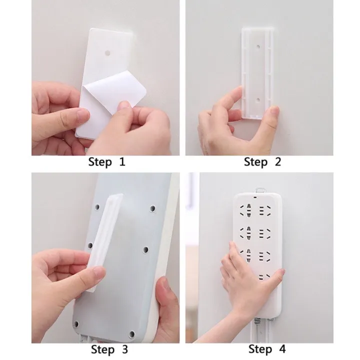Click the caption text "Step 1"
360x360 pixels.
tap(106, 161)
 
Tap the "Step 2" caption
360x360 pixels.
tap(262, 161)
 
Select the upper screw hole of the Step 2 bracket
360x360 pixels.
tap(257, 46)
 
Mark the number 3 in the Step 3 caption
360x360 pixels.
tap(124, 349)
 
